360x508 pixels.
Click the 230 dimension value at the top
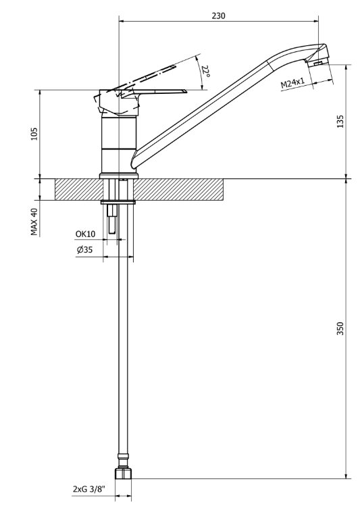coord(218,16)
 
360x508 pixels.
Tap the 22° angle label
coord(206,72)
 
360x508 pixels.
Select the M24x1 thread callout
coord(292,83)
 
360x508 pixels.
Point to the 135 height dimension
coord(340,122)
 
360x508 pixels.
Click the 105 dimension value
coord(34,134)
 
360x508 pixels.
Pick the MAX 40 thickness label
coord(34,222)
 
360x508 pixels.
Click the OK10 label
coord(86,234)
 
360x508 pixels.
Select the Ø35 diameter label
coord(84,250)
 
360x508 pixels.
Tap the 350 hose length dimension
coord(340,328)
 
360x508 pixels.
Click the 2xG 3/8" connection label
coord(89,489)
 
